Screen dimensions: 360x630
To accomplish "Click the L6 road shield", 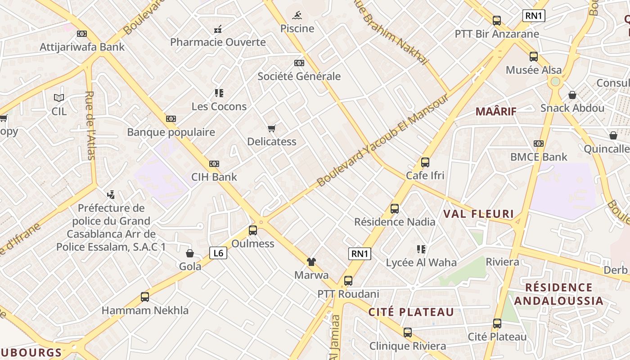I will pyautogui.click(x=218, y=253).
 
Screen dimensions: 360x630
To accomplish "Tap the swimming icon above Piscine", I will pyautogui.click(x=297, y=16).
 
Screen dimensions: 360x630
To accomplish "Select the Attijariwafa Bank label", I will pyautogui.click(x=82, y=47).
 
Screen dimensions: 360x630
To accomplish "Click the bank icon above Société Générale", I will pyautogui.click(x=299, y=63).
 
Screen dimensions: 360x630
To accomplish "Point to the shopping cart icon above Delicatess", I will pyautogui.click(x=271, y=129).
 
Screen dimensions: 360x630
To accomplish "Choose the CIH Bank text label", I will pyautogui.click(x=214, y=177).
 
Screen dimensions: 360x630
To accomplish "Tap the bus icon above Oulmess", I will pyautogui.click(x=253, y=231).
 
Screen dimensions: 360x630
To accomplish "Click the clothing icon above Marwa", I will pyautogui.click(x=311, y=262).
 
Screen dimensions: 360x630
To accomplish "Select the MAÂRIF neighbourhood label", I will pyautogui.click(x=496, y=112).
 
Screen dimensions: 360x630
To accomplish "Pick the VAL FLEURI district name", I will pyautogui.click(x=479, y=214).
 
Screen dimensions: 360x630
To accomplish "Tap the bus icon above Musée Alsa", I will pyautogui.click(x=534, y=57).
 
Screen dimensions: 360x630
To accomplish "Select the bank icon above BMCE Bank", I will pyautogui.click(x=539, y=144).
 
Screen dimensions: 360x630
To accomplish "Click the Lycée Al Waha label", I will pyautogui.click(x=421, y=262).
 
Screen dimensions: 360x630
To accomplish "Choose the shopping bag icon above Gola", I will pyautogui.click(x=190, y=253).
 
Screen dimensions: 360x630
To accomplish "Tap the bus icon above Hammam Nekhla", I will pyautogui.click(x=145, y=297).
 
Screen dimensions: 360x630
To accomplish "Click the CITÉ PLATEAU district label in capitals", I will pyautogui.click(x=411, y=312).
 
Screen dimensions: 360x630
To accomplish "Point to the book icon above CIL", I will pyautogui.click(x=59, y=98).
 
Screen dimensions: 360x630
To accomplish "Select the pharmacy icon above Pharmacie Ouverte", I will pyautogui.click(x=218, y=30).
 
